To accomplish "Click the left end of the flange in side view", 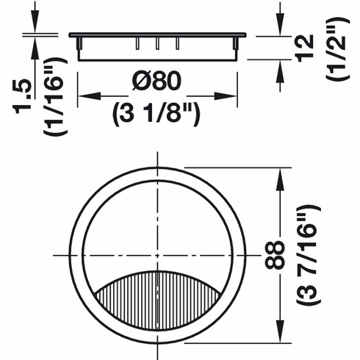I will tap(71, 34).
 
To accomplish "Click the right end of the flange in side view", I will tap(242, 34).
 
